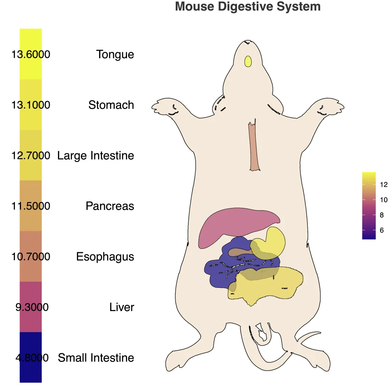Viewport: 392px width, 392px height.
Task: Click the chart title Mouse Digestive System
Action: [248, 7]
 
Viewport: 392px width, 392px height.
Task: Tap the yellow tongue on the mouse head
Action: [248, 61]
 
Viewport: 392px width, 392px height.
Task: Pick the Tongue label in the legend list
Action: [115, 54]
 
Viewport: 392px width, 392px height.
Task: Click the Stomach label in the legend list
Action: [111, 105]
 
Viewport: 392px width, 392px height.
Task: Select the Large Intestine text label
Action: [95, 156]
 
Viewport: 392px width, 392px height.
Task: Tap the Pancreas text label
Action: [110, 206]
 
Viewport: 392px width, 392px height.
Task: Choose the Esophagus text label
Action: [105, 257]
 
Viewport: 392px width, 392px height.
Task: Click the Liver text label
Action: [122, 307]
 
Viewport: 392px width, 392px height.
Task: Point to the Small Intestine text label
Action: [96, 358]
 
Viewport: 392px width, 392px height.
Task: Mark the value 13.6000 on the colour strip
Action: [31, 54]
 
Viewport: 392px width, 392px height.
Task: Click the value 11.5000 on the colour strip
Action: [31, 206]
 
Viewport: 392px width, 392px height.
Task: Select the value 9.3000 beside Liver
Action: [32, 307]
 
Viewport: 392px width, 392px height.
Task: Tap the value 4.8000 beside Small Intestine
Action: [32, 358]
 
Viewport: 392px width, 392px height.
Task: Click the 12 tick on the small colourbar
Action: [384, 185]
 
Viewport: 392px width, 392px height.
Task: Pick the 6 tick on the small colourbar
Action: [381, 230]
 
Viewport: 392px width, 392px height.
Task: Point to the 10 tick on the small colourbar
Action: [384, 200]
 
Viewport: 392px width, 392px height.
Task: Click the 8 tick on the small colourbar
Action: [381, 215]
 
